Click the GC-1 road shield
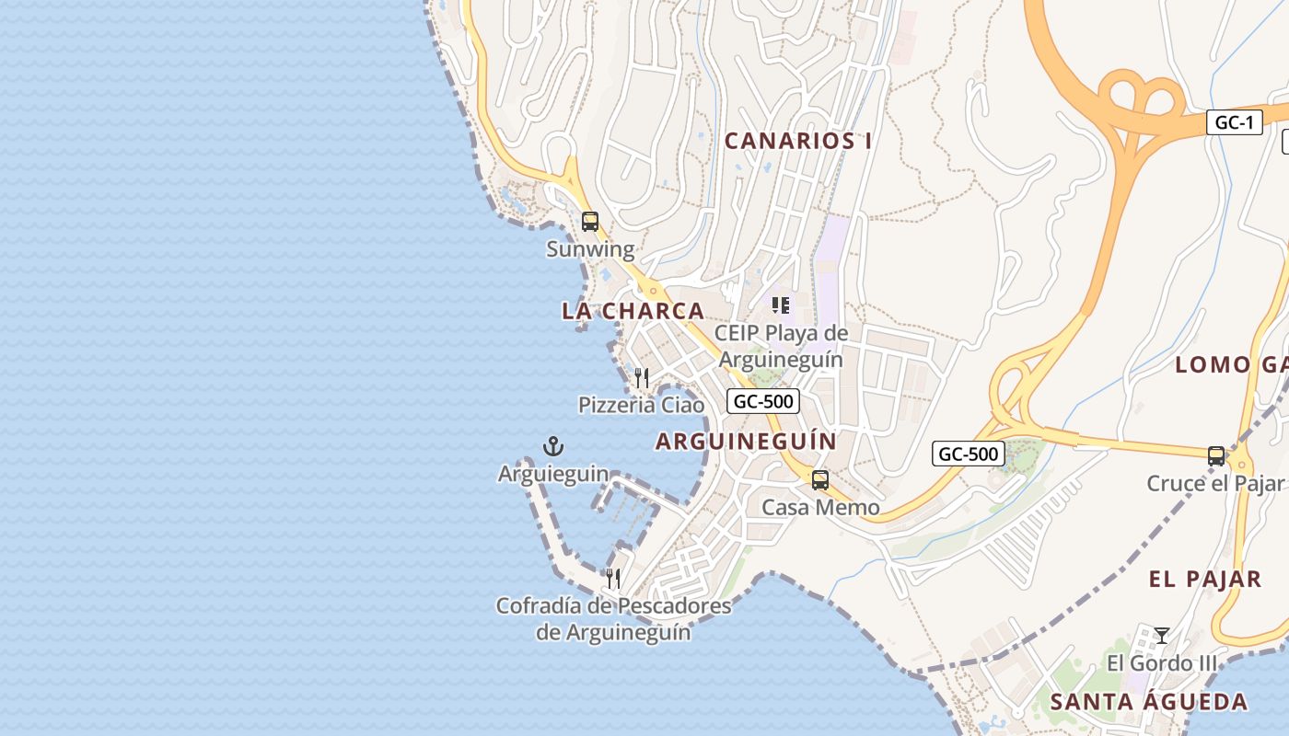[x=1234, y=122]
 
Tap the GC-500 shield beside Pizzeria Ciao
[x=763, y=401]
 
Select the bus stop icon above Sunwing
[x=590, y=222]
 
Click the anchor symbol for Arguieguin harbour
[x=552, y=447]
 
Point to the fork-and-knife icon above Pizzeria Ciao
[x=642, y=378]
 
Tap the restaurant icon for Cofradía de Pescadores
[x=613, y=579]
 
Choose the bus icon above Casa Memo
[x=819, y=479]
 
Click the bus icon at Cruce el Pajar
[x=1216, y=455]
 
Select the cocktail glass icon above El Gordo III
[x=1162, y=636]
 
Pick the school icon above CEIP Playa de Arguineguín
[x=781, y=305]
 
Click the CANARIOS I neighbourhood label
[x=798, y=141]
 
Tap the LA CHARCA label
[x=633, y=311]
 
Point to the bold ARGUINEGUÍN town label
[x=746, y=442]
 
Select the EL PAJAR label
[x=1205, y=580]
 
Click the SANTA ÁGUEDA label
[x=1149, y=702]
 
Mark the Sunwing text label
[x=590, y=249]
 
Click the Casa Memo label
[x=820, y=507]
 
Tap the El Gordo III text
[x=1161, y=663]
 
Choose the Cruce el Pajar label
[x=1214, y=483]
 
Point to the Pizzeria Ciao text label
[x=641, y=405]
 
